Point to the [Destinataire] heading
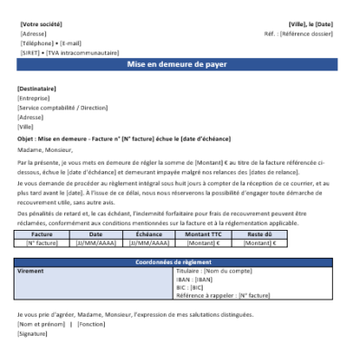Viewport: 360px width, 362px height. point(36,89)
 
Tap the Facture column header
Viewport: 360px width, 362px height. point(42,233)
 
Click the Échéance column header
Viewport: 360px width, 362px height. point(149,233)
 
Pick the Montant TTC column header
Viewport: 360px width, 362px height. point(203,233)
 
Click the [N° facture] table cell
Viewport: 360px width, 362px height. point(42,243)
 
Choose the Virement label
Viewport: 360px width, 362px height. point(33,271)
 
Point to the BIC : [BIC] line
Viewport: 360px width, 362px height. point(191,287)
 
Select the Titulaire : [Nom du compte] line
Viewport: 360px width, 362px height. point(217,271)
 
